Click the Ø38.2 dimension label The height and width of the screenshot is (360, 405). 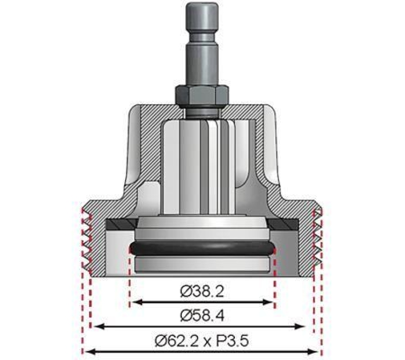[202, 292]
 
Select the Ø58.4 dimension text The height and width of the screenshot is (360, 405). [202, 316]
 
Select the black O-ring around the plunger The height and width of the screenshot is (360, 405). [202, 248]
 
